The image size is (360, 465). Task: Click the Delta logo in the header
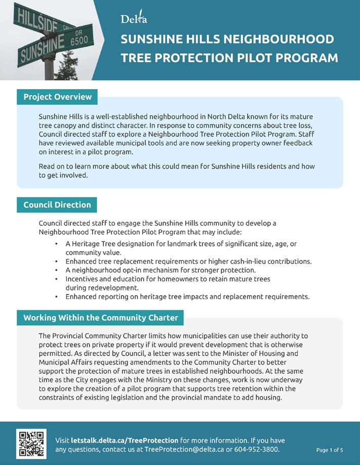pos(134,19)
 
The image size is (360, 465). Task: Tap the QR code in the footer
pos(31,444)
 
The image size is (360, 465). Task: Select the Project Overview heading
pos(57,97)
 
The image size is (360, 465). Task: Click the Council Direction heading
pos(57,205)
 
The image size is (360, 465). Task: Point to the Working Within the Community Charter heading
pos(101,318)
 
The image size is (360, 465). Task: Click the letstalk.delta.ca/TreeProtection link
pos(125,440)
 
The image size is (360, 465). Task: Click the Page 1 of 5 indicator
pos(330,450)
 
